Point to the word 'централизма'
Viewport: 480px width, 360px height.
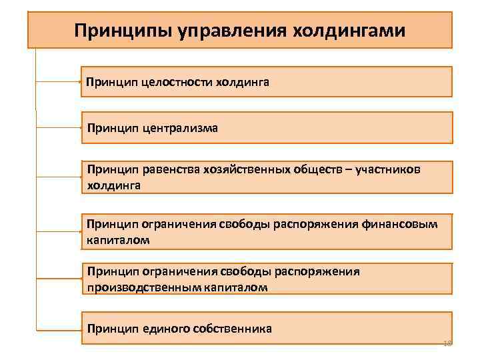coord(179,127)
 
